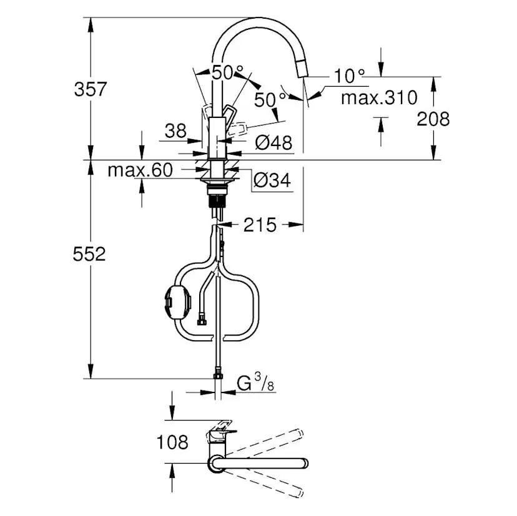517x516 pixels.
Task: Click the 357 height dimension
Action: click(91, 89)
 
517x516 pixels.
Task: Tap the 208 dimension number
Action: click(433, 119)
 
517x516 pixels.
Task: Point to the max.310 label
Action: click(379, 97)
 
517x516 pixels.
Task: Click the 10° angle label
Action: click(348, 76)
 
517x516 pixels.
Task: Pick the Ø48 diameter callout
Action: click(273, 143)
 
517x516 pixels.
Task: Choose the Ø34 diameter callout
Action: click(272, 181)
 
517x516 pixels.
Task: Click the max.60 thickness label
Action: click(139, 170)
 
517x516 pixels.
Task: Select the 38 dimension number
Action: click(175, 130)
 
